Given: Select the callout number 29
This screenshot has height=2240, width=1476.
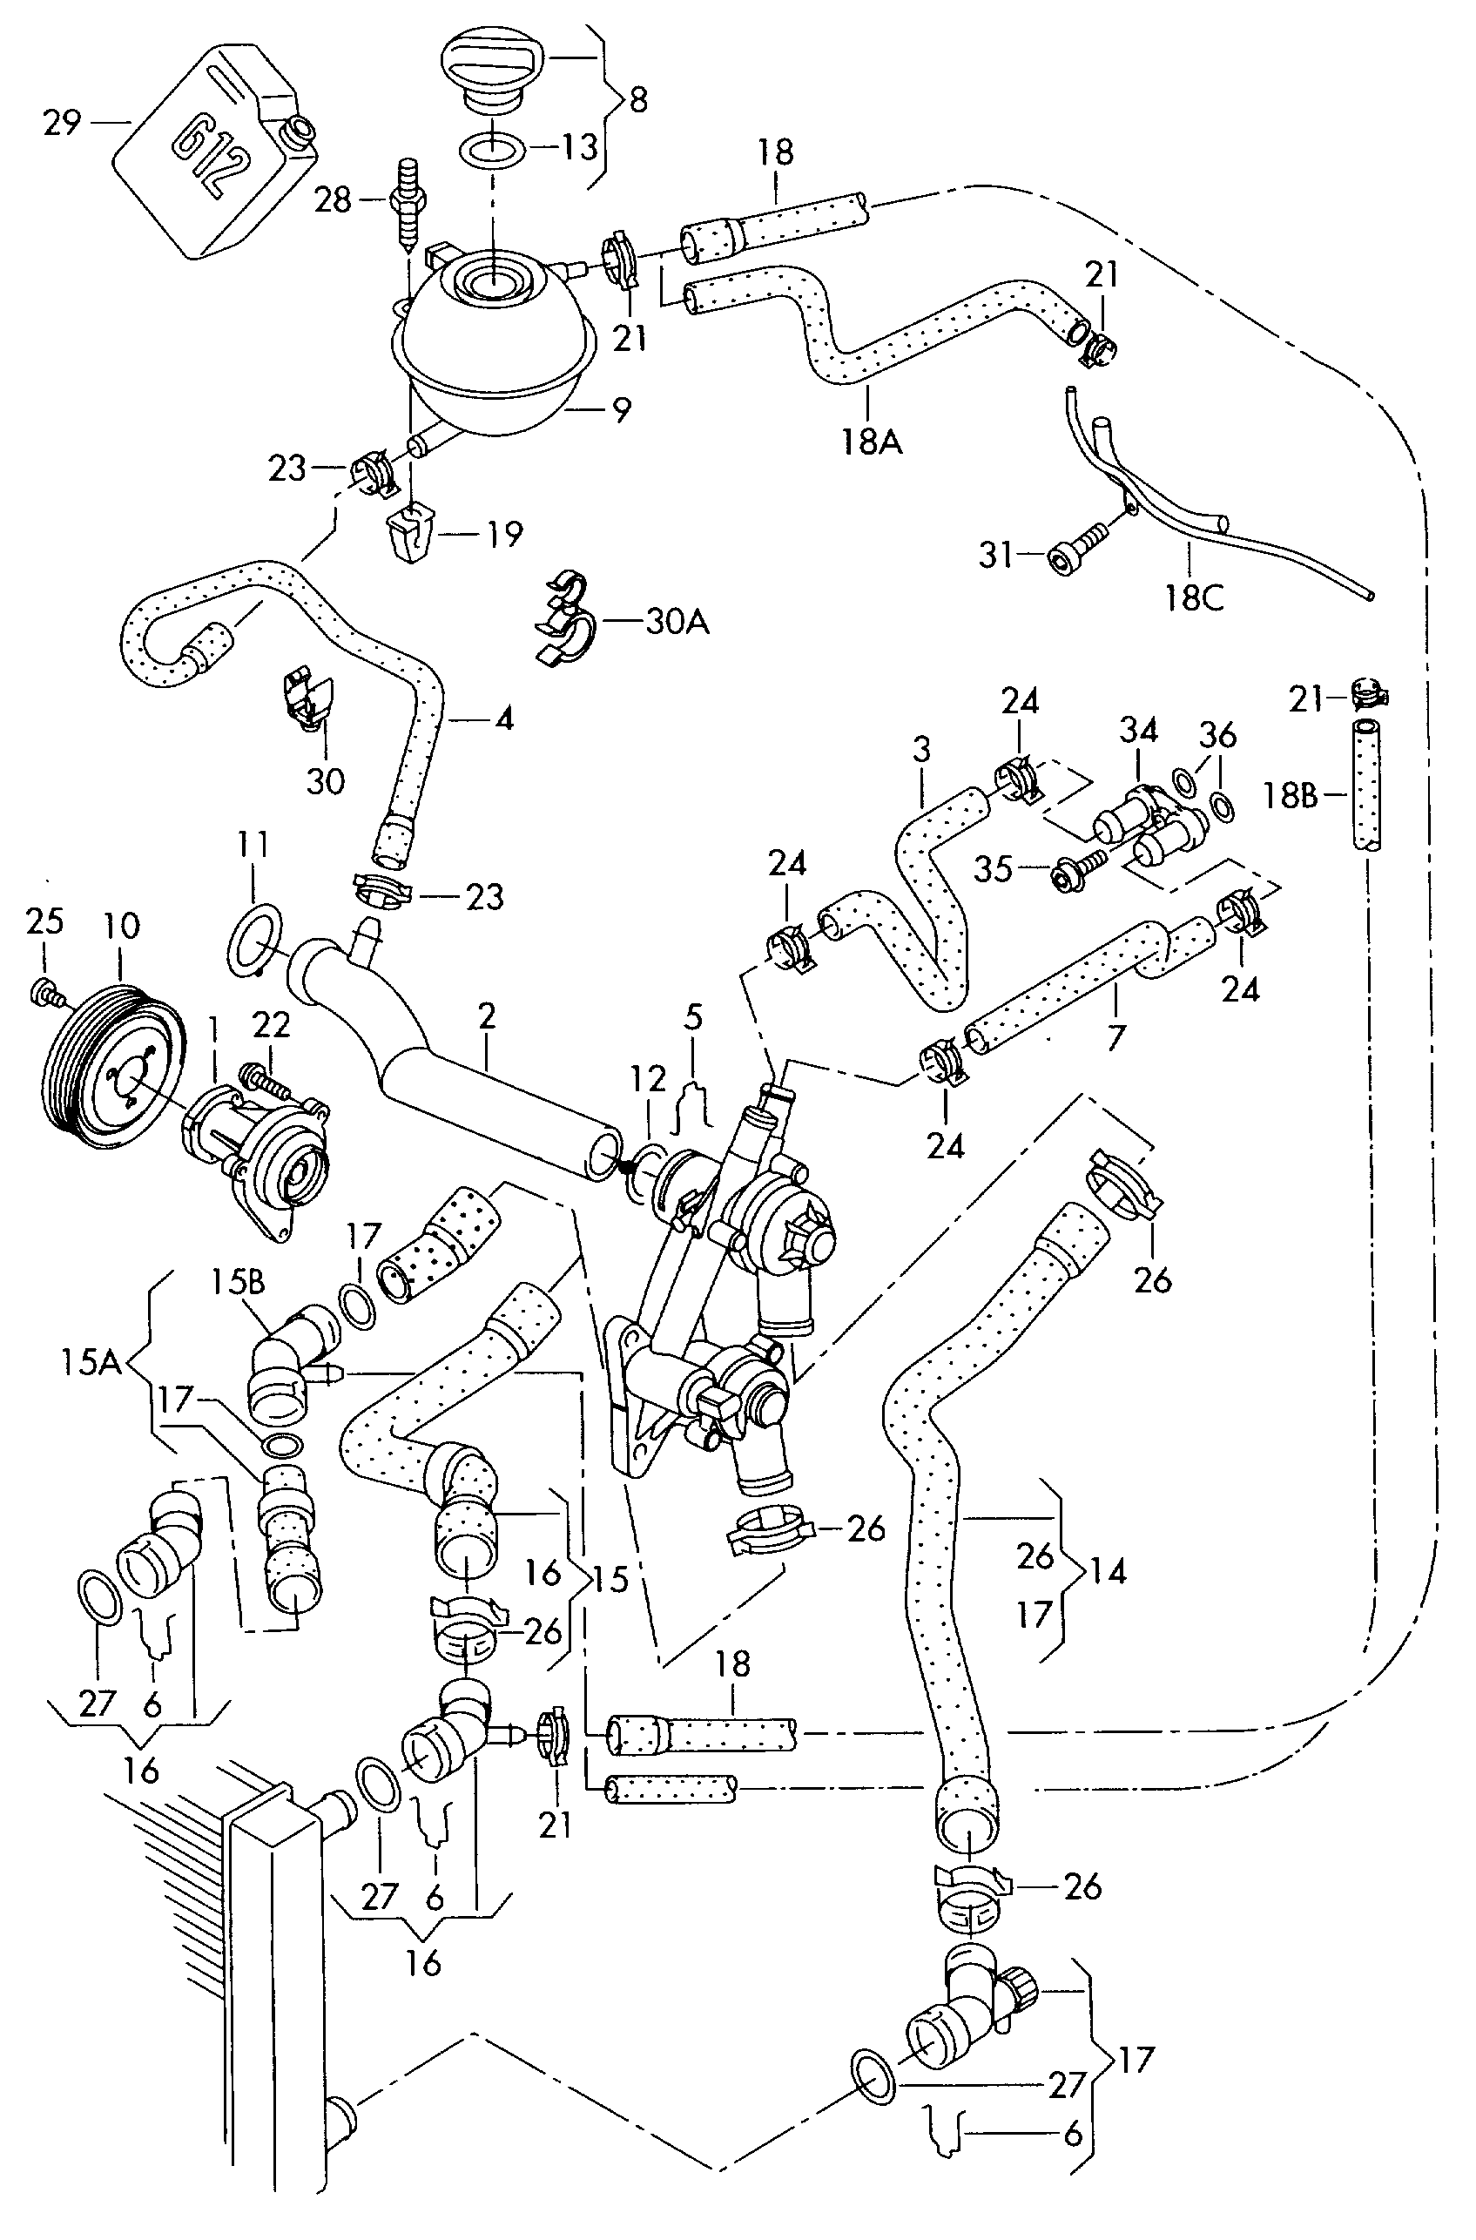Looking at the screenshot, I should pos(63,122).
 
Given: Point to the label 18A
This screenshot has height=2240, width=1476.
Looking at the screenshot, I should pos(872,441).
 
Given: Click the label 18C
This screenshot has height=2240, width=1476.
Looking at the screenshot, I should pos(1195,597).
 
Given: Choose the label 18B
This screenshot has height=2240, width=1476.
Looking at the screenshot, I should pos(1290,796).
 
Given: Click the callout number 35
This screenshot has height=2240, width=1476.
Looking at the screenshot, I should pos(993,868).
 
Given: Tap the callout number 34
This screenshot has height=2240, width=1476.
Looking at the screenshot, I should pos(1138,731).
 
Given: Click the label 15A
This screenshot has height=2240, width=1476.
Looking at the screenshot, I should pos(91,1362).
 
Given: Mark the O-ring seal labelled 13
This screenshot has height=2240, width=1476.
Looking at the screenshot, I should pos(490,147).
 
